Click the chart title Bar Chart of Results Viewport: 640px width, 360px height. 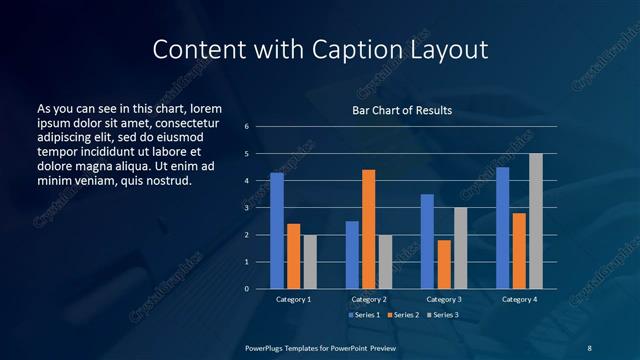[401, 110]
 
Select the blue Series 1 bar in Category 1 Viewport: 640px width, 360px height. [277, 231]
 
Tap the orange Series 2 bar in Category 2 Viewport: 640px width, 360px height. [368, 229]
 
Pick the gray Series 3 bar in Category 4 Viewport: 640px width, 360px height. [536, 221]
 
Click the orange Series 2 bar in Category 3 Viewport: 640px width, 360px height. [444, 264]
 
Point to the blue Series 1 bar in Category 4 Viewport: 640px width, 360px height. [503, 228]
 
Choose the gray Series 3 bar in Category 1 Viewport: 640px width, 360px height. [309, 262]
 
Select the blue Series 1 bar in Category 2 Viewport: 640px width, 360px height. [352, 255]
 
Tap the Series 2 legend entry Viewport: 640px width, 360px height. [402, 315]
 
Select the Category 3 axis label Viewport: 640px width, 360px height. [443, 299]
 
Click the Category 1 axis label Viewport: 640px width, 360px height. [293, 299]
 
